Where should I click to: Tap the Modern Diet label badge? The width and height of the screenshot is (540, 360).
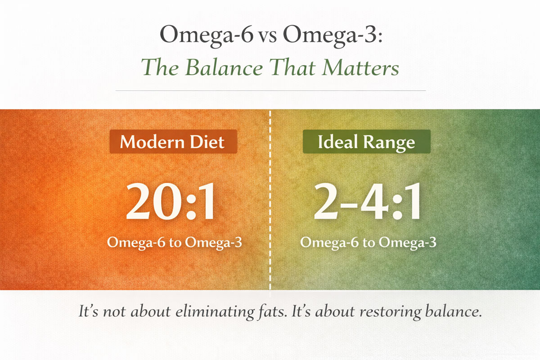point(173,142)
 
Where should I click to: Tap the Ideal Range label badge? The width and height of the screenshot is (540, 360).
point(366,142)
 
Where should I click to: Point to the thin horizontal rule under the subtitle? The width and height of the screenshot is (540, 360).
point(270,90)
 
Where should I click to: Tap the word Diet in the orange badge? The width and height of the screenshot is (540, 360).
point(207,142)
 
